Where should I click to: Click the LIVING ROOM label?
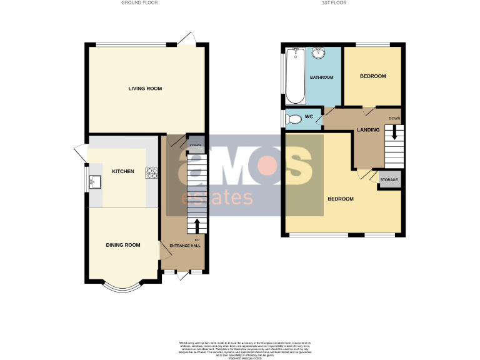point(145,89)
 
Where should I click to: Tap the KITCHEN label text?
point(122,171)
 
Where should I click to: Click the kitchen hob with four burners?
point(151,172)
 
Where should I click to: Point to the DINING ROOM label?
point(122,245)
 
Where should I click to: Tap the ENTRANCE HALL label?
point(187,246)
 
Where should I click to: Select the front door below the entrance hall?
point(183,276)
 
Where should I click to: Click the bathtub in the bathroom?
point(296,76)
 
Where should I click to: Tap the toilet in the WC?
point(292,118)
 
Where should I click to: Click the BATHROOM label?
point(322,77)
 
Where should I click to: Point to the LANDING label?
point(367,129)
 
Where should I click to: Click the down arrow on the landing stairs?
point(394,132)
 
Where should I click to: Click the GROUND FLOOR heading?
point(139,3)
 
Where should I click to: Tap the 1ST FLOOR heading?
point(334,3)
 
